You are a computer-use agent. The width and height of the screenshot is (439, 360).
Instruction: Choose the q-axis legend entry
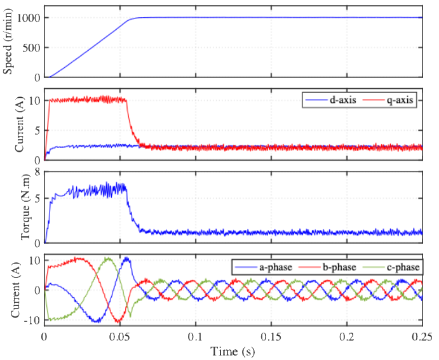[x=399, y=101]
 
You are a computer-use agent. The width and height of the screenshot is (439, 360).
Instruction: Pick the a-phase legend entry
[x=274, y=267]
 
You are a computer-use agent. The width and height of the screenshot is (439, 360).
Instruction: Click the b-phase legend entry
[x=336, y=267]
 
